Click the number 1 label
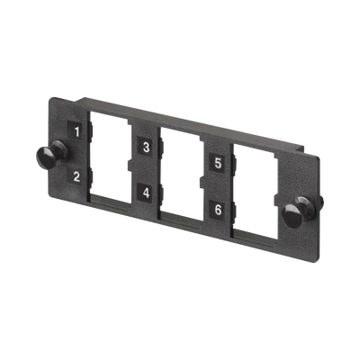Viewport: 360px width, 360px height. coord(78,131)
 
